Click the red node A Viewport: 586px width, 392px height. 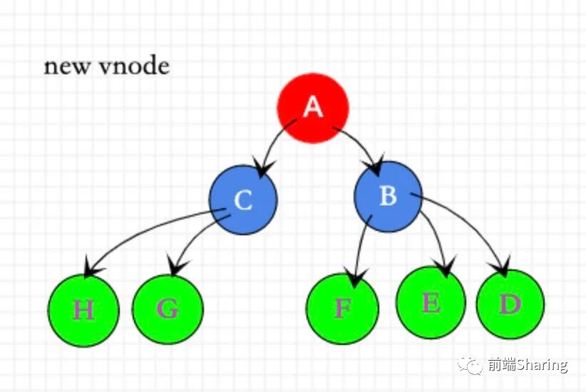pos(312,108)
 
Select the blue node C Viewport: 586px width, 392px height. pos(242,200)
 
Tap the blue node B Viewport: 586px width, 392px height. pos(388,196)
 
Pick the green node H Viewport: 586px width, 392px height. pos(83,311)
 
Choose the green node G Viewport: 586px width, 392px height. pos(168,309)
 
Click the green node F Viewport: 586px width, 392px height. pos(342,308)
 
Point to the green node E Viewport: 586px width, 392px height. pos(431,303)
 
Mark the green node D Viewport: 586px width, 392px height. pos(510,304)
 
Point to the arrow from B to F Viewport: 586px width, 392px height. pos(360,246)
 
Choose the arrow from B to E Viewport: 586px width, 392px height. pos(436,239)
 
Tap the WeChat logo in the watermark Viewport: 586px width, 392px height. pos(471,365)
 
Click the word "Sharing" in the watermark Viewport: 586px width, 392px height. pos(542,366)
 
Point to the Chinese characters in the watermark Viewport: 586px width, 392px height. pos(500,366)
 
